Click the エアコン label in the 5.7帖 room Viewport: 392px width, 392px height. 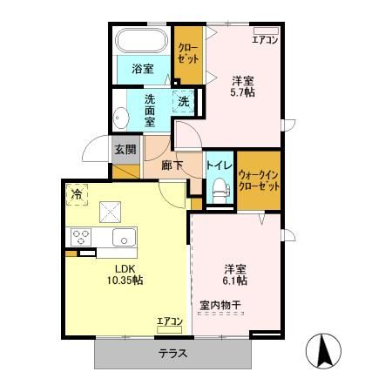(x=265, y=39)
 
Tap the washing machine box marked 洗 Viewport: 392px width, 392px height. (x=184, y=101)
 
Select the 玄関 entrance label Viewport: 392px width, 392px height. (x=125, y=149)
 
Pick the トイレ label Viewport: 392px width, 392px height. (x=218, y=163)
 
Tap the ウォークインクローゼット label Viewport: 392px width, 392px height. (x=259, y=179)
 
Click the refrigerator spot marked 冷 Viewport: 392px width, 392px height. (x=78, y=194)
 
